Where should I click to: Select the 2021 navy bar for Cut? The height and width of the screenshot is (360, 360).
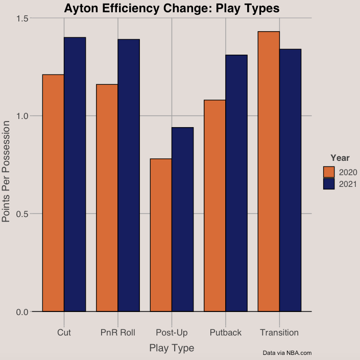click(x=75, y=174)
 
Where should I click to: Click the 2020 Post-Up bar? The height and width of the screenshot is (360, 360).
click(x=161, y=235)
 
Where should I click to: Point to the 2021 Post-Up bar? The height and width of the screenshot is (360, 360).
click(x=182, y=219)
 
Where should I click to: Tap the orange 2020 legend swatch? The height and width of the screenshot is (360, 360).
click(x=329, y=172)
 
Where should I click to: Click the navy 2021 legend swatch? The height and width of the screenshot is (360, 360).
click(x=329, y=184)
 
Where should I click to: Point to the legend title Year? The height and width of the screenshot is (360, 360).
click(x=340, y=157)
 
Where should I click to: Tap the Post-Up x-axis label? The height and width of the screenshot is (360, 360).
click(x=172, y=333)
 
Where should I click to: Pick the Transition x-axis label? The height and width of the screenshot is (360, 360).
click(x=279, y=333)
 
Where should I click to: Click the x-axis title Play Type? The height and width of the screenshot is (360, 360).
click(x=172, y=348)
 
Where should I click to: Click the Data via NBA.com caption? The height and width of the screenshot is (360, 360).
click(x=287, y=353)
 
